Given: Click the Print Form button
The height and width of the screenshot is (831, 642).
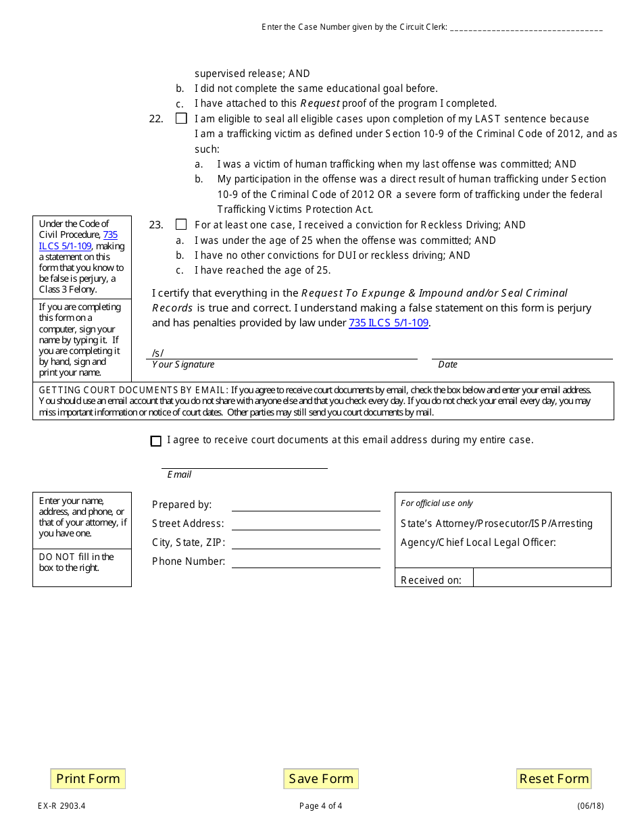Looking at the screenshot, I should (x=88, y=778).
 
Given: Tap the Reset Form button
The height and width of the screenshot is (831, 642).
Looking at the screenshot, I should (x=553, y=778).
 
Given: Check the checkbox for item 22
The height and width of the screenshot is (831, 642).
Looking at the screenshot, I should (x=181, y=118).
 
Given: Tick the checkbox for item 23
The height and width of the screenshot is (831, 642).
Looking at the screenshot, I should (x=181, y=224).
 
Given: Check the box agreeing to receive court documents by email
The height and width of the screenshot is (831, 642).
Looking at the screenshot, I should (x=156, y=440).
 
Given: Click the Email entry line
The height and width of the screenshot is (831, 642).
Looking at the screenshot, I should (x=244, y=462).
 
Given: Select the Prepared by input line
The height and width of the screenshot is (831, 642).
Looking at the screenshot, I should (x=305, y=505).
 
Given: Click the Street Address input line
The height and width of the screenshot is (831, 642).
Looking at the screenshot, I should (x=305, y=524).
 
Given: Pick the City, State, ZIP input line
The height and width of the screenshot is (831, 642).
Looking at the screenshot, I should (x=305, y=543).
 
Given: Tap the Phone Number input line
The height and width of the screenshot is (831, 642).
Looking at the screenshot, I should (x=305, y=561).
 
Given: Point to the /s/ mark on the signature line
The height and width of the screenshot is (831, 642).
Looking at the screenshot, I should (x=158, y=353).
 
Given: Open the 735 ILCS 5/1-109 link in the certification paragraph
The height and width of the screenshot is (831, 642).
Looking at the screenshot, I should (x=389, y=323).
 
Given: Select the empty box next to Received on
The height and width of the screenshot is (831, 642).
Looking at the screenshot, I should (x=542, y=578).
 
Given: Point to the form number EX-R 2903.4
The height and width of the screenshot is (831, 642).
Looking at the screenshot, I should (x=61, y=805).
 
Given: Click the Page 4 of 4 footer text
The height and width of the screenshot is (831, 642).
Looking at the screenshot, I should (x=320, y=805).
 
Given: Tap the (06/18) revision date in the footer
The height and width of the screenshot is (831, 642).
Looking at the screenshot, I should (x=590, y=805).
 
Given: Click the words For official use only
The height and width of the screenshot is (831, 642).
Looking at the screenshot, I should (x=437, y=503).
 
